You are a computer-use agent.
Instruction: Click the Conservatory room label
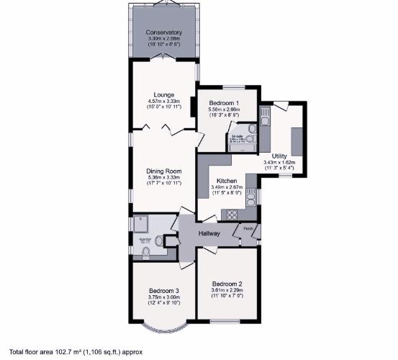[163, 32]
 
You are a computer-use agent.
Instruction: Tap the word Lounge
[163, 94]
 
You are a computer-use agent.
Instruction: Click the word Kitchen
[227, 181]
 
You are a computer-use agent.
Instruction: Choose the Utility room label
[280, 156]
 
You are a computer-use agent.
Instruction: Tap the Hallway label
[209, 233]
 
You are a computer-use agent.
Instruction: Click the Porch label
[248, 230]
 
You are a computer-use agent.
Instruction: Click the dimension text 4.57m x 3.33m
[163, 101]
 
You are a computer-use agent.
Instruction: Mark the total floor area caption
[76, 352]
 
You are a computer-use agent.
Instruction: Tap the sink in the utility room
[264, 114]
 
